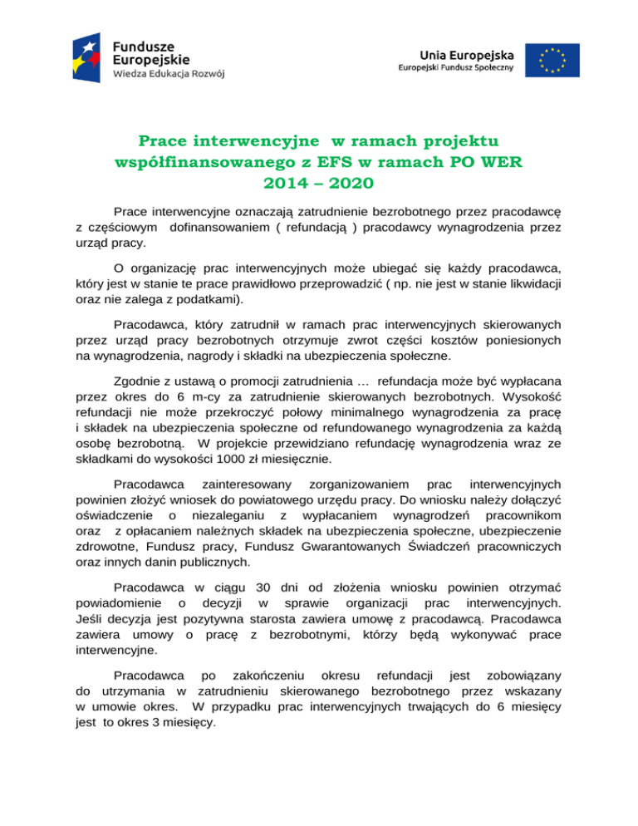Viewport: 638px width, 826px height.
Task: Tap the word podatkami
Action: point(209,297)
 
